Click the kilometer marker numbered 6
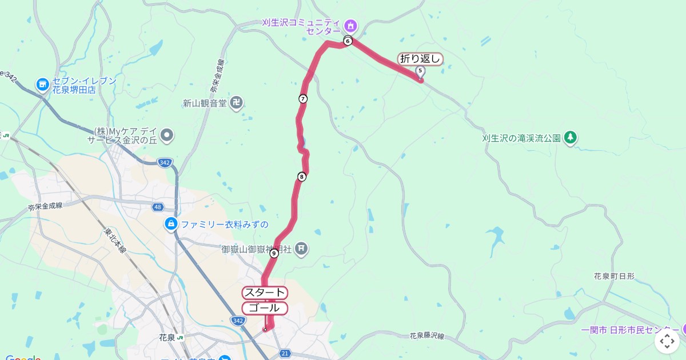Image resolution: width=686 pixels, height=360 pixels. (348, 41)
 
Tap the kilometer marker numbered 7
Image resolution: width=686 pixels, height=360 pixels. (303, 99)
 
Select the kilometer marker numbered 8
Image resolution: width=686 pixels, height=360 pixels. (302, 177)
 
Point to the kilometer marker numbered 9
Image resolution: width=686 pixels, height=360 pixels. (274, 253)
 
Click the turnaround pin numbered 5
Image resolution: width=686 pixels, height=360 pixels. (421, 72)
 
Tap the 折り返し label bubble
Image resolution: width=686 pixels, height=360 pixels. (421, 58)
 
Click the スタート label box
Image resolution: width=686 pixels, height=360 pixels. (265, 293)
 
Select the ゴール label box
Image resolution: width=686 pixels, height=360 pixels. (265, 308)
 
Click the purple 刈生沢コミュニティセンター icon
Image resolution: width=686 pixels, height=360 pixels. (351, 26)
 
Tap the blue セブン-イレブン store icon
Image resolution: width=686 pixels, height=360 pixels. (42, 85)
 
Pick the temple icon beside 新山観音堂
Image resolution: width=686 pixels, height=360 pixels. (237, 103)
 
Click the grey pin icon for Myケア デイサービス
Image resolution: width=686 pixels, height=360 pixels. (167, 135)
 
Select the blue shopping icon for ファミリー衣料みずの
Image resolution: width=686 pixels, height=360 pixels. (170, 224)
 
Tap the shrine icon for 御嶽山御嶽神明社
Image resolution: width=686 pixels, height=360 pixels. (302, 249)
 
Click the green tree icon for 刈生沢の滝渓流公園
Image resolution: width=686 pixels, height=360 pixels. (570, 138)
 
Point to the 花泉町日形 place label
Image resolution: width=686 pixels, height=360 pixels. (614, 276)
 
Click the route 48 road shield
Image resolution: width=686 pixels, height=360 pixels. (157, 206)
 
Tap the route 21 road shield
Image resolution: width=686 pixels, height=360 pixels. (285, 355)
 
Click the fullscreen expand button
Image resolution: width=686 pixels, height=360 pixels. (667, 342)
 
